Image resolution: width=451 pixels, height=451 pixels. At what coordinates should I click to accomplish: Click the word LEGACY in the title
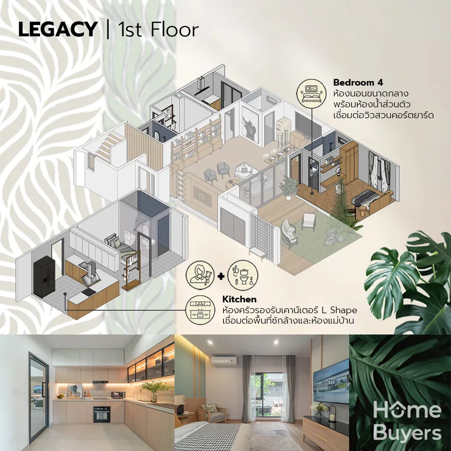tap(58, 29)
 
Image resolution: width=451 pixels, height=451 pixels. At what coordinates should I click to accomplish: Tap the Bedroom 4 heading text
tap(358, 83)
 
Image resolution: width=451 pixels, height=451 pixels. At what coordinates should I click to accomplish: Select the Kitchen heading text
tap(240, 299)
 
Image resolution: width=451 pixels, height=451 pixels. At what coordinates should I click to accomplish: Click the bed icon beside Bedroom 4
tap(311, 92)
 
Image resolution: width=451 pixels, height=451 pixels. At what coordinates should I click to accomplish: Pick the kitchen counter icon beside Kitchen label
tap(200, 310)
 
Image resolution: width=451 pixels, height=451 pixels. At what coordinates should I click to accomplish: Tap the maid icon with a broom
tap(200, 275)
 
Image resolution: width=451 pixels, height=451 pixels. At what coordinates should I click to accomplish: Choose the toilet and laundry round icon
tap(243, 275)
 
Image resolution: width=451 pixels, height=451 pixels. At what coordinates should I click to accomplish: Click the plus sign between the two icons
tap(221, 277)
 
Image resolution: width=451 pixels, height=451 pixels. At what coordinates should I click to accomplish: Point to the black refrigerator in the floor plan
tap(44, 278)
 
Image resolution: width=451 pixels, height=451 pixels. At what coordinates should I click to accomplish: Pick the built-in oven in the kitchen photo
tap(102, 414)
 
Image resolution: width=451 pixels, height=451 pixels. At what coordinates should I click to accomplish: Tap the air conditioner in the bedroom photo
tap(224, 361)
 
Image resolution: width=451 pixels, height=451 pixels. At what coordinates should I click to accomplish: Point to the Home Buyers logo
tap(407, 422)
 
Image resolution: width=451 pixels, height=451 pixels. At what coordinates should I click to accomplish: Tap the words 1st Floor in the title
tap(158, 30)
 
